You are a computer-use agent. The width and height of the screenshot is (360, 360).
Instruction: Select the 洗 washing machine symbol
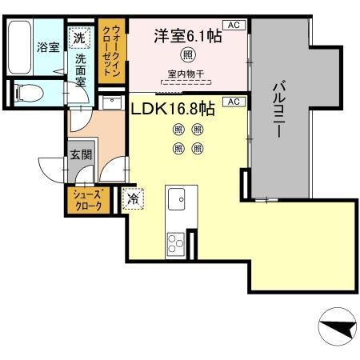[79, 36]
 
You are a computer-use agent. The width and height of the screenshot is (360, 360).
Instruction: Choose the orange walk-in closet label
[110, 50]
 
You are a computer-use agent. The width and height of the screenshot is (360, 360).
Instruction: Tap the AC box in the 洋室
[234, 26]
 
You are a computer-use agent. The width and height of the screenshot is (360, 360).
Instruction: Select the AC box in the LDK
[234, 102]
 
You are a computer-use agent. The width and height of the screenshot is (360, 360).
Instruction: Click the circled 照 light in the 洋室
[187, 56]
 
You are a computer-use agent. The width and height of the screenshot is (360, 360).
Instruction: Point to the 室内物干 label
[187, 74]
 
